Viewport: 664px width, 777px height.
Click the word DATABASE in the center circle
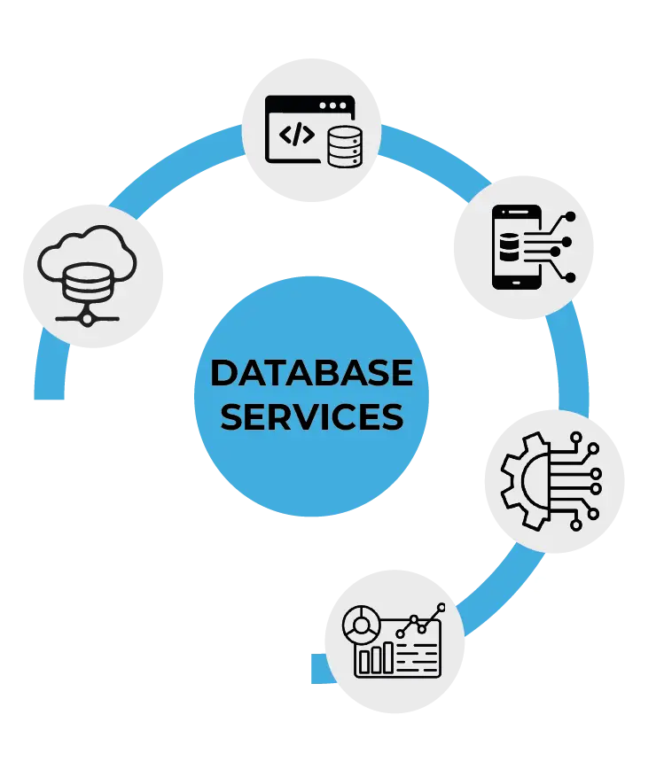coord(311,373)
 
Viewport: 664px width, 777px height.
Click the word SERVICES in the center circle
coord(311,416)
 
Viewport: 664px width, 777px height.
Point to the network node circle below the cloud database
coord(87,315)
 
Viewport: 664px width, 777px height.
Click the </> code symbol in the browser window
coord(296,135)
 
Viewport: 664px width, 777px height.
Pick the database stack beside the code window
coord(343,146)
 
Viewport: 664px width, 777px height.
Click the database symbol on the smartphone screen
coord(507,247)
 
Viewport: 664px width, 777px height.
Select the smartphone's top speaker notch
coord(517,213)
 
